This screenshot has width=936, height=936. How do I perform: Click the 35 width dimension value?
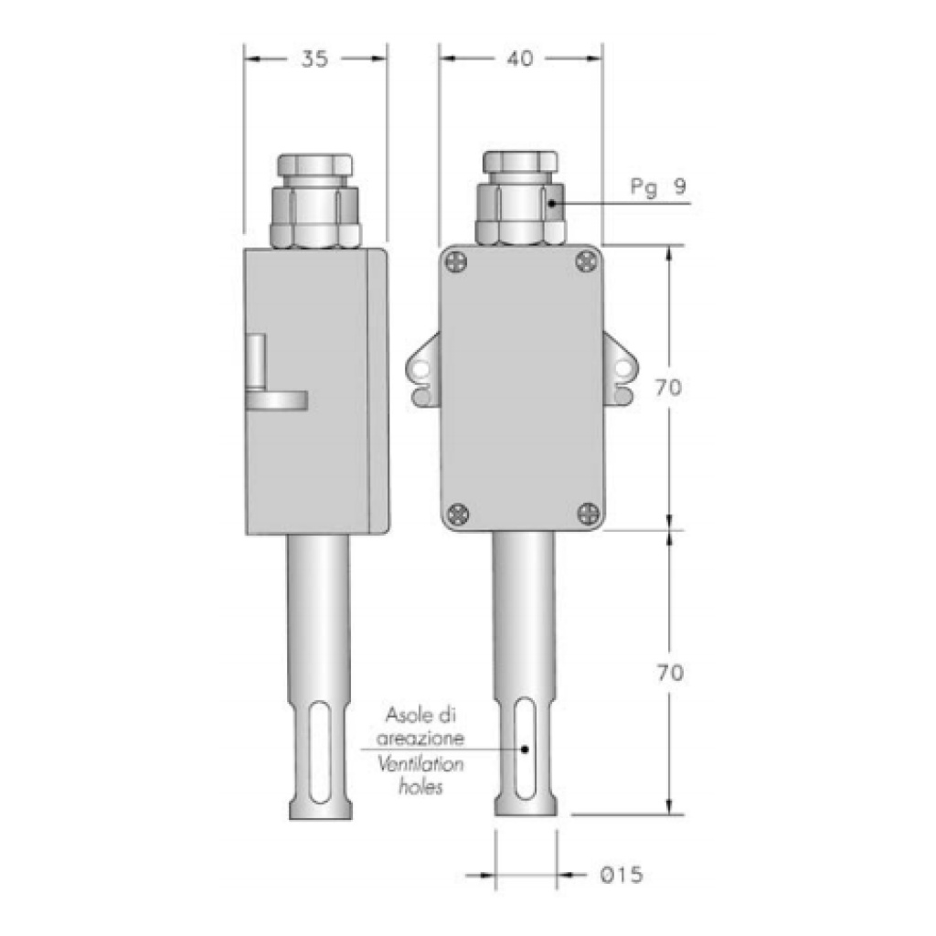click(x=314, y=59)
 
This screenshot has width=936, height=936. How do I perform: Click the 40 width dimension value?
click(x=519, y=59)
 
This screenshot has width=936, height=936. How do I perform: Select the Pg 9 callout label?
click(x=658, y=187)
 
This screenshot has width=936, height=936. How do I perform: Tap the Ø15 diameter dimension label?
click(x=622, y=876)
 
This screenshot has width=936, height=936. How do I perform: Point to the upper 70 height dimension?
click(x=669, y=388)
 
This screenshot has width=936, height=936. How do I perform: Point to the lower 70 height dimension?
click(x=669, y=674)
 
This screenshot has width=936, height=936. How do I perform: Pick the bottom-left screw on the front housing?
click(x=457, y=514)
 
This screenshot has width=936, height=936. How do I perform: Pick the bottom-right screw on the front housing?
click(x=586, y=514)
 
